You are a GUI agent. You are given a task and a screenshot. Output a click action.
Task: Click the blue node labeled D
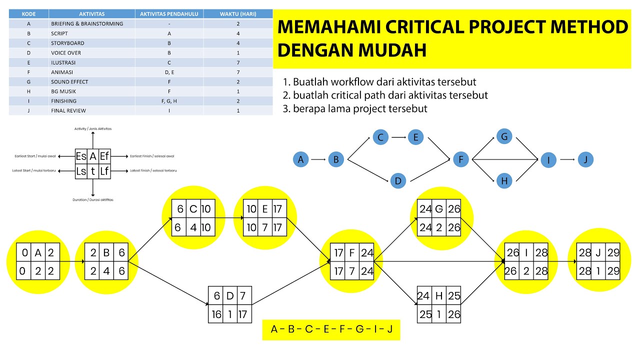click(398, 181)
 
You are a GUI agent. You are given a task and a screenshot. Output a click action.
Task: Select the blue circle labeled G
click(504, 136)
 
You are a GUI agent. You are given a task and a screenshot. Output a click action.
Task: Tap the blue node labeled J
click(585, 159)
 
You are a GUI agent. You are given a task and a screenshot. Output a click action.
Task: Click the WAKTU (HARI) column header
click(238, 14)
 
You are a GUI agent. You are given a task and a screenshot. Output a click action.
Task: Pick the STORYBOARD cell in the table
click(67, 43)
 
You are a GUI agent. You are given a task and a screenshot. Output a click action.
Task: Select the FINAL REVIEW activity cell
click(68, 110)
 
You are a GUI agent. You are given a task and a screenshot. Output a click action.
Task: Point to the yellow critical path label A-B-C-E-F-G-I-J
click(331, 329)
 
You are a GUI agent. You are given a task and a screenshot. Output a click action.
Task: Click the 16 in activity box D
click(216, 314)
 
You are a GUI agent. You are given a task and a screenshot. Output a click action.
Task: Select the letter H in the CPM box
click(439, 295)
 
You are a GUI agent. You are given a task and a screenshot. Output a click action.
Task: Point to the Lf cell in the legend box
click(104, 171)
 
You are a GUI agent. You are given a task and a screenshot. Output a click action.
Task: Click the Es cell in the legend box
click(81, 156)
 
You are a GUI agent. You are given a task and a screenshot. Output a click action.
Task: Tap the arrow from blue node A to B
click(318, 160)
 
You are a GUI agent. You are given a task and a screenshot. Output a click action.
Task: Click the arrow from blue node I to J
click(567, 159)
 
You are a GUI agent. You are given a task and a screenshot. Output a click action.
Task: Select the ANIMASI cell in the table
click(62, 72)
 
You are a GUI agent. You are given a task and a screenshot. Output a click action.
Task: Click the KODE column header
click(28, 14)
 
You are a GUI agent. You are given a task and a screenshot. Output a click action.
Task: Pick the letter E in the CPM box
click(264, 208)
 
